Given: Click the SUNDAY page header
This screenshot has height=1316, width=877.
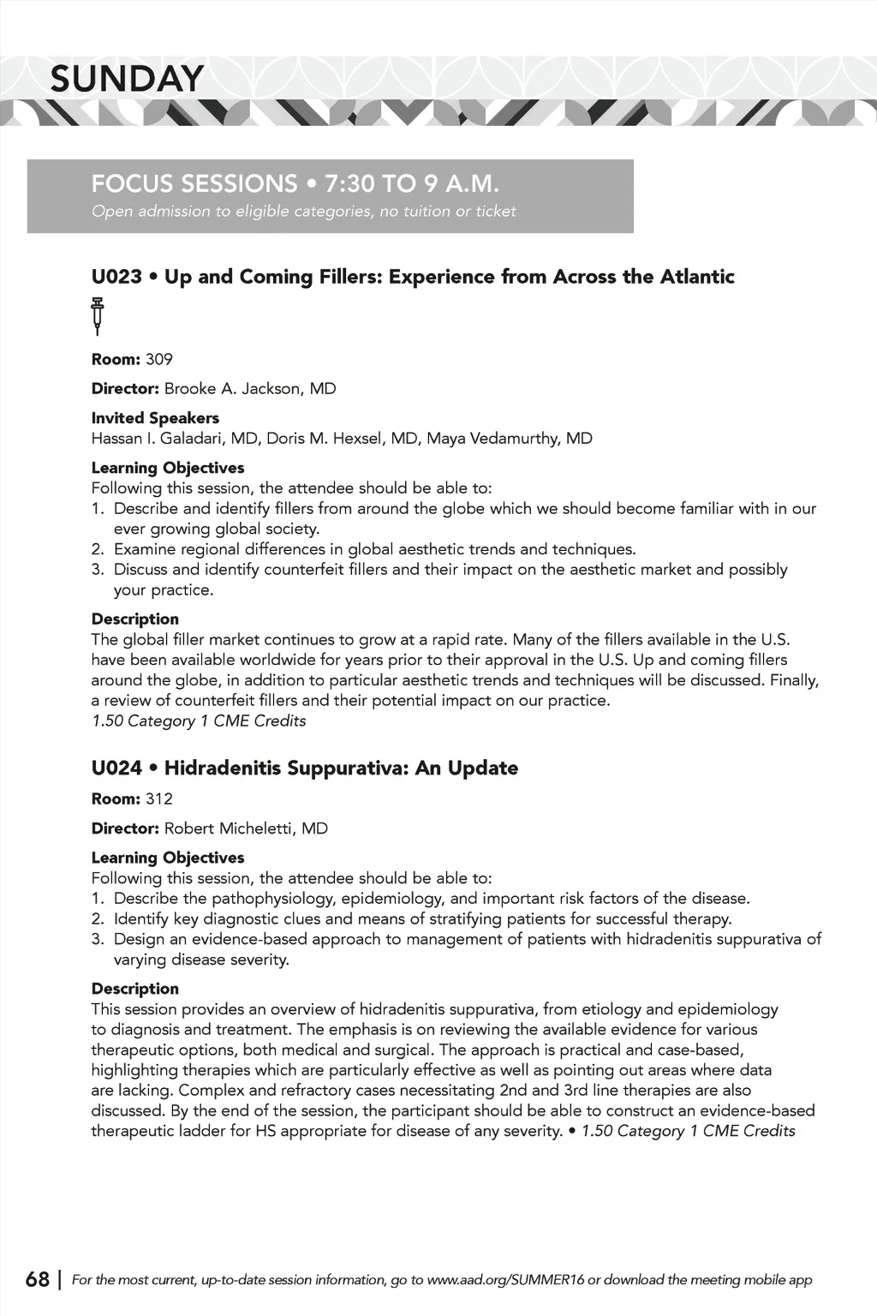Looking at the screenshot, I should coord(127,79).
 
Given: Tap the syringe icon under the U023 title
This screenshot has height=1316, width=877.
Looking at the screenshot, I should coord(98,315).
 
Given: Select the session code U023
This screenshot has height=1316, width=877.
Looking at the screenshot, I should coord(116,277).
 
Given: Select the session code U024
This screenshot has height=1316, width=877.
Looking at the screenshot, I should coord(116,768).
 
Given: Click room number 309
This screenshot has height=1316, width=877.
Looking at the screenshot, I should coord(159,359).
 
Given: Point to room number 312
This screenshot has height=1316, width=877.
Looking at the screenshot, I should coord(159,799).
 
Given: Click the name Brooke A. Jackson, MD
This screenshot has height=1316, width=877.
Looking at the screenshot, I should coord(250,388).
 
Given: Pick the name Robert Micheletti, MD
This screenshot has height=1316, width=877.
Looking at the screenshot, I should coord(246,828).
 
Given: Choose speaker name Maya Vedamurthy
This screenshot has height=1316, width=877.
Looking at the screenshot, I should coord(509,439).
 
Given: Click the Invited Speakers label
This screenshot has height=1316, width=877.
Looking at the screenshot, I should coord(155,418).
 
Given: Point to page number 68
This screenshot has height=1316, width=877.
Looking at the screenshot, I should coord(38,1279).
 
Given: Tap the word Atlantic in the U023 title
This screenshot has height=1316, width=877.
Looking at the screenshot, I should coord(697,277).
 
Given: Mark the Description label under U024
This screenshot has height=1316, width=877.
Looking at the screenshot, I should coord(135,989).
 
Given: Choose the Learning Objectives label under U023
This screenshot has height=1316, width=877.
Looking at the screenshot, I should coord(168,468).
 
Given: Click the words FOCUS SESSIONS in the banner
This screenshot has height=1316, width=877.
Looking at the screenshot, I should coord(194,183).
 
